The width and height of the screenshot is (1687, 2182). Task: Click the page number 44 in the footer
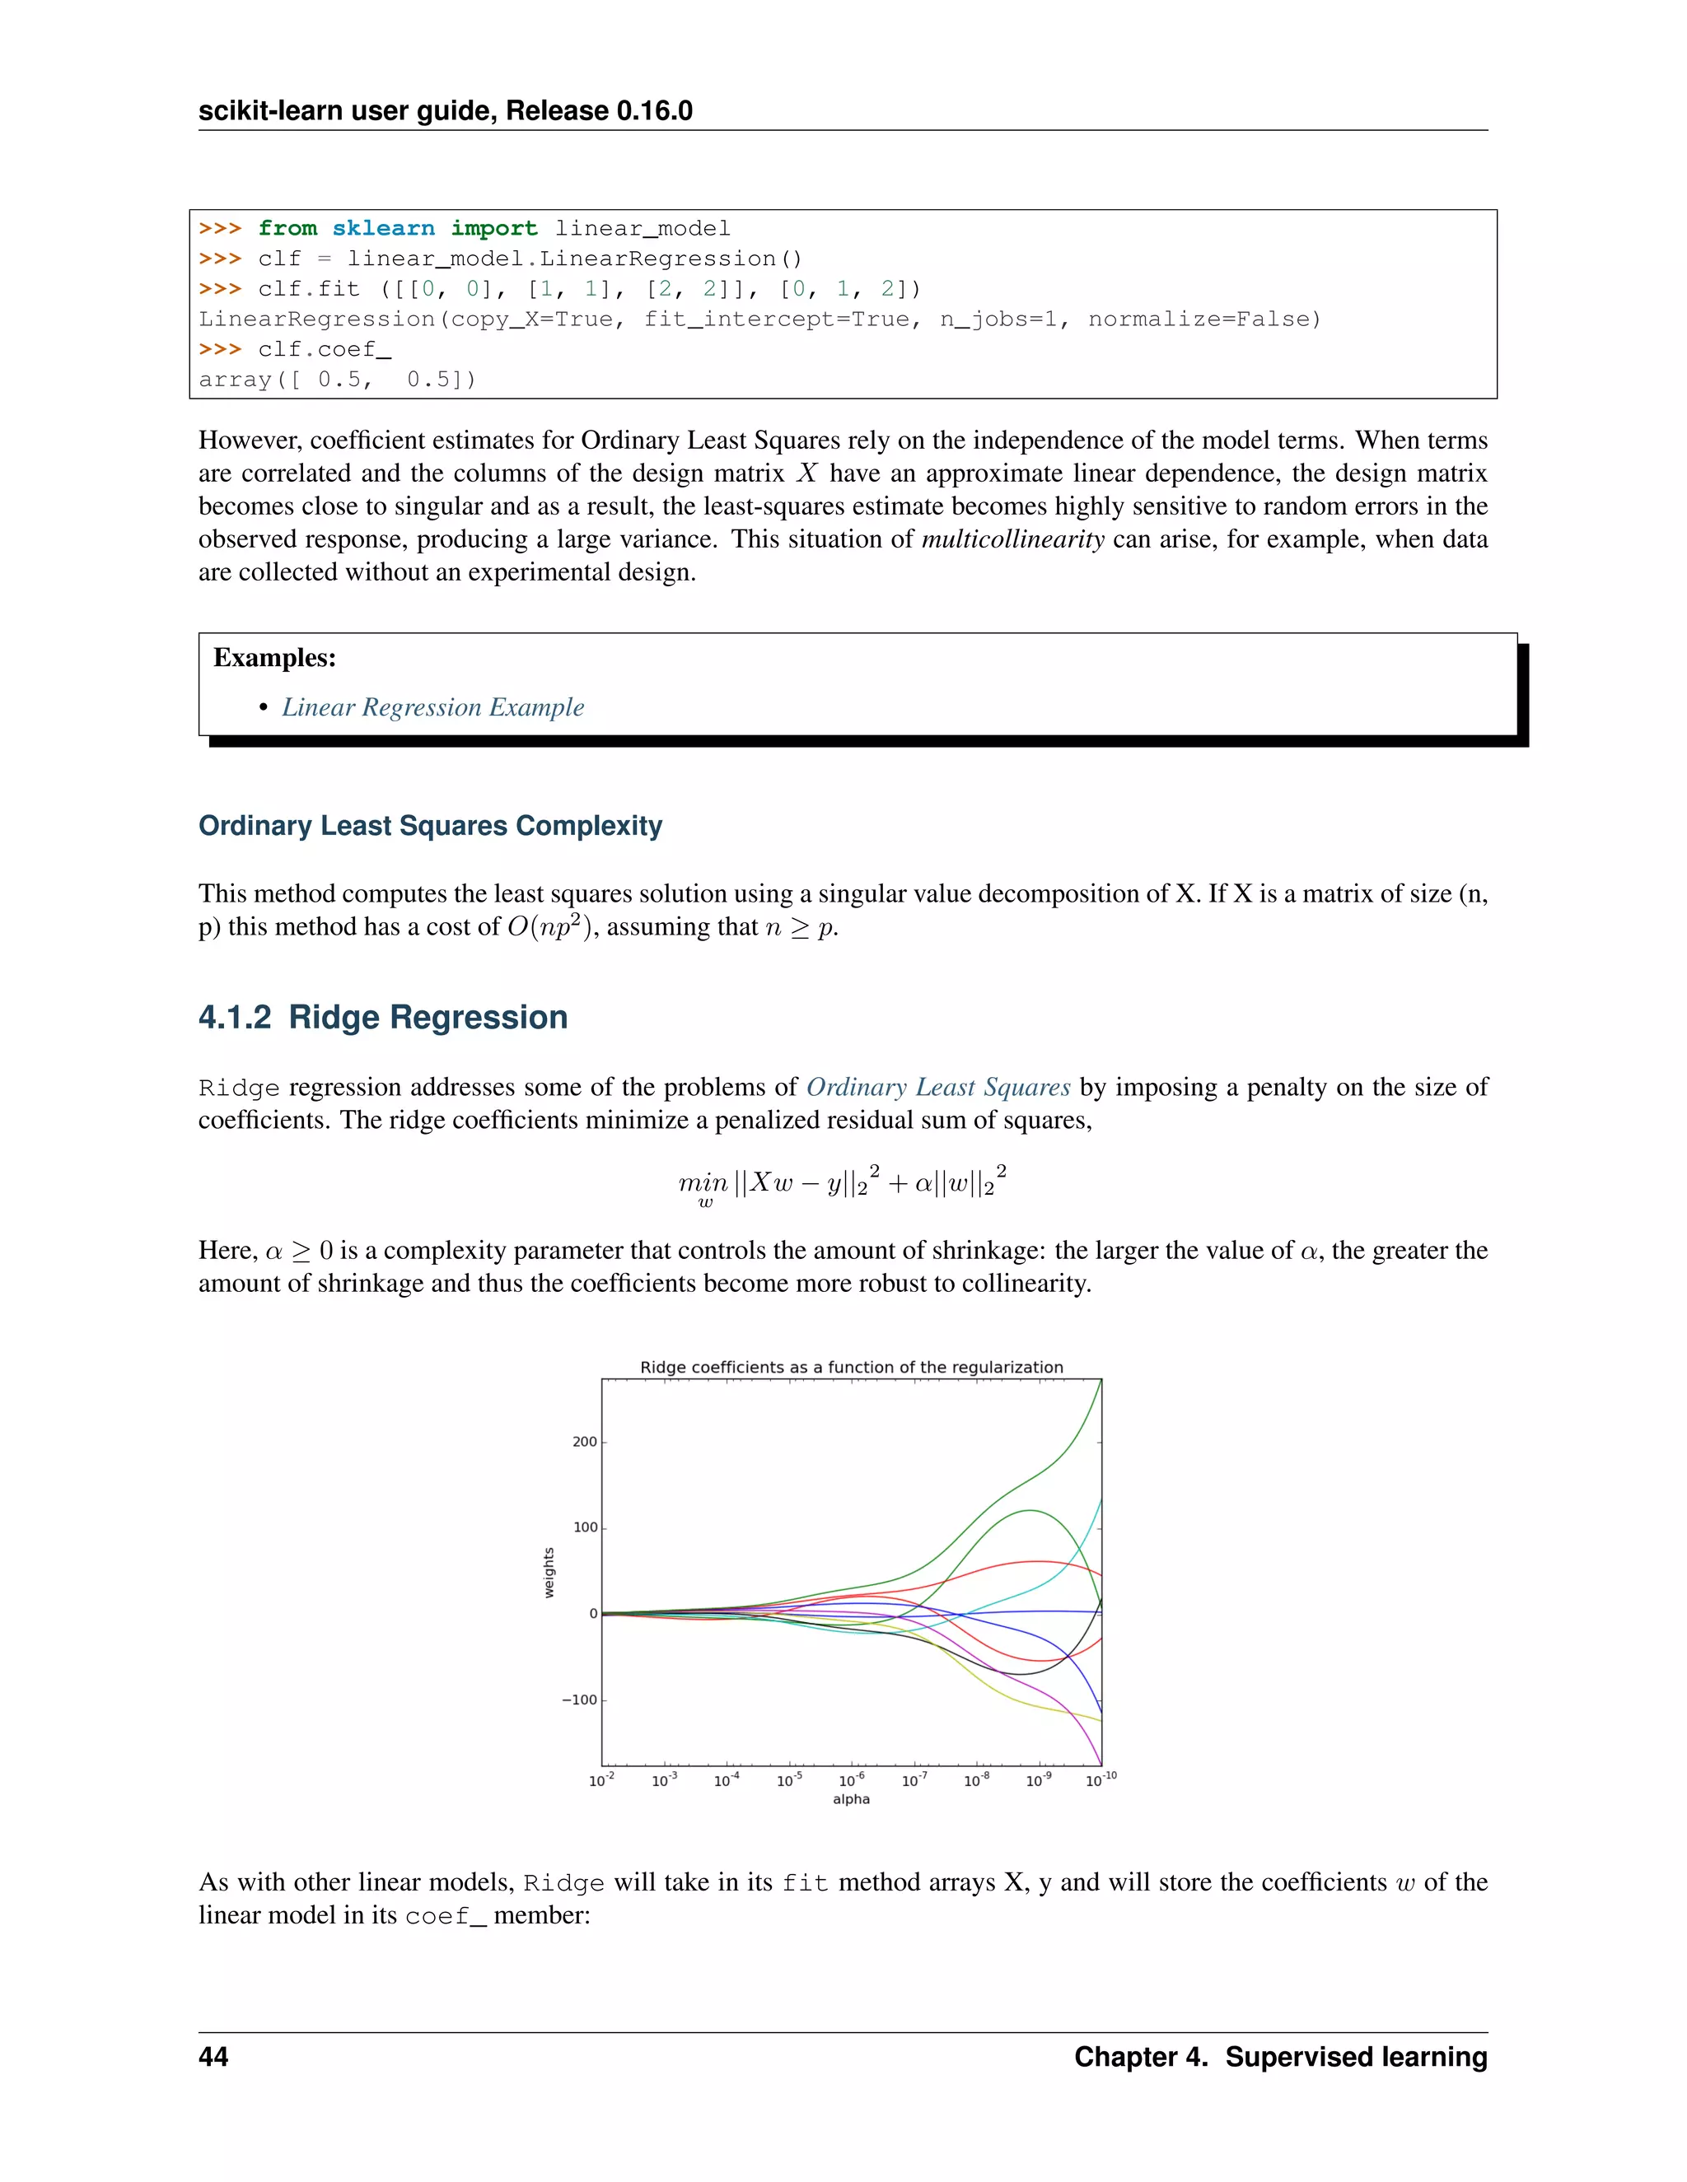pos(213,2056)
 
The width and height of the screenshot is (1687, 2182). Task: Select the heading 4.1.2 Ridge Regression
pos(383,1017)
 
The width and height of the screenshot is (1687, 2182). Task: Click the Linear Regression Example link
pos(432,707)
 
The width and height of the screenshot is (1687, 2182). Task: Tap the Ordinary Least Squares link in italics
pos(937,1087)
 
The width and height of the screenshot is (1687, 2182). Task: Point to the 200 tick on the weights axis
pos(585,1442)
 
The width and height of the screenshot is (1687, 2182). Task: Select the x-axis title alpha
pos(850,1799)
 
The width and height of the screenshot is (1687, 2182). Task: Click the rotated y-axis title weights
pos(549,1573)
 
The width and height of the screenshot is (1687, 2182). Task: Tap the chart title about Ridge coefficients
pos(850,1367)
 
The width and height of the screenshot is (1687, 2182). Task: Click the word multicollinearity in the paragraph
pos(1012,539)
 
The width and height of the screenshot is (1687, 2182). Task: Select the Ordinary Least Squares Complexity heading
pos(430,825)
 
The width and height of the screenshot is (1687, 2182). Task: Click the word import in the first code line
pos(493,229)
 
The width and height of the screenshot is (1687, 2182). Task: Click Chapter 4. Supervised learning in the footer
pos(1280,2056)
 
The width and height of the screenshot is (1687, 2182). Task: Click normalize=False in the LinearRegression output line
pos(1203,319)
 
